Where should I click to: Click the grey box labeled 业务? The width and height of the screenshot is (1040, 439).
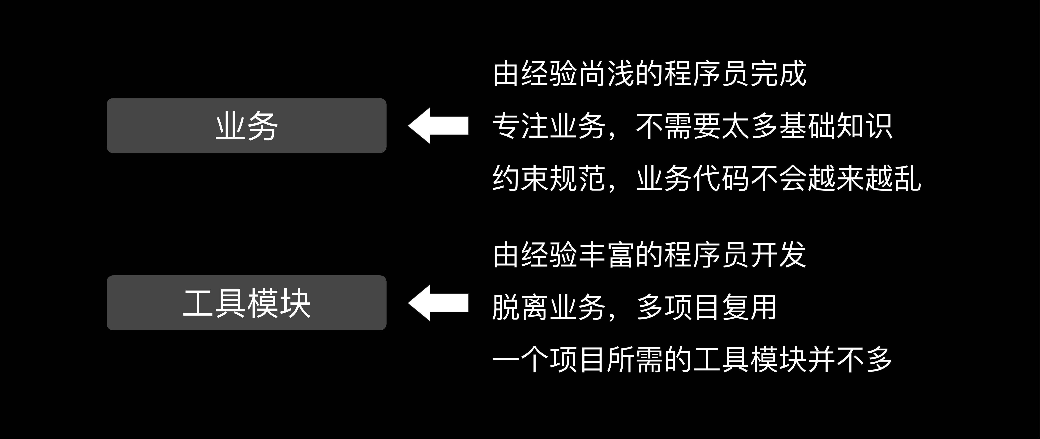(x=246, y=126)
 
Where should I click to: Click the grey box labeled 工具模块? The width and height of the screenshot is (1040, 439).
(x=246, y=303)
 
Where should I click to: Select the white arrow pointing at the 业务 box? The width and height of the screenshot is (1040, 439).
(x=438, y=126)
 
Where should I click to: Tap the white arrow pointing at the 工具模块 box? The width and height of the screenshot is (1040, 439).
(x=438, y=303)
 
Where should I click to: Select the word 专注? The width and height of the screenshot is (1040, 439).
(x=521, y=126)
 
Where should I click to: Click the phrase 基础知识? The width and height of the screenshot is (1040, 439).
(x=836, y=126)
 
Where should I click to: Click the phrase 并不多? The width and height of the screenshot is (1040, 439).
(x=850, y=360)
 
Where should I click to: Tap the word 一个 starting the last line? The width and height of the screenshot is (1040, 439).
(x=521, y=360)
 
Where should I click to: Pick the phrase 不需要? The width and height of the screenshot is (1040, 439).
(x=678, y=126)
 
